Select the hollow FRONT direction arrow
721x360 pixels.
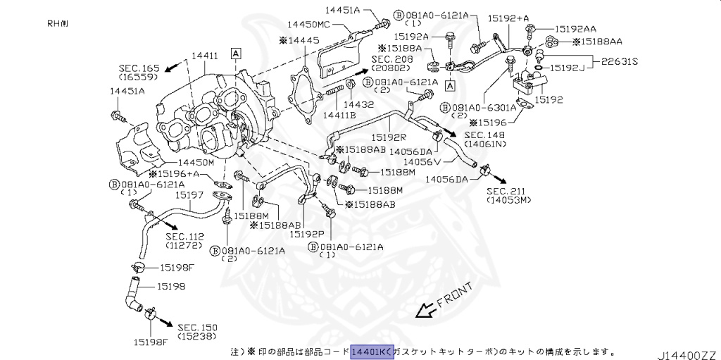[x=426, y=309]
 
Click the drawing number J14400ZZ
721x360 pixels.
[x=687, y=352]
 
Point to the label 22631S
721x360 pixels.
[x=619, y=61]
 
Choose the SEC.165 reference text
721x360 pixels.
[x=139, y=69]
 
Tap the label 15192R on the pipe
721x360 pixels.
[x=389, y=137]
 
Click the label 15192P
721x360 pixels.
[x=307, y=233]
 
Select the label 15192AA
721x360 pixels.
[x=575, y=29]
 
